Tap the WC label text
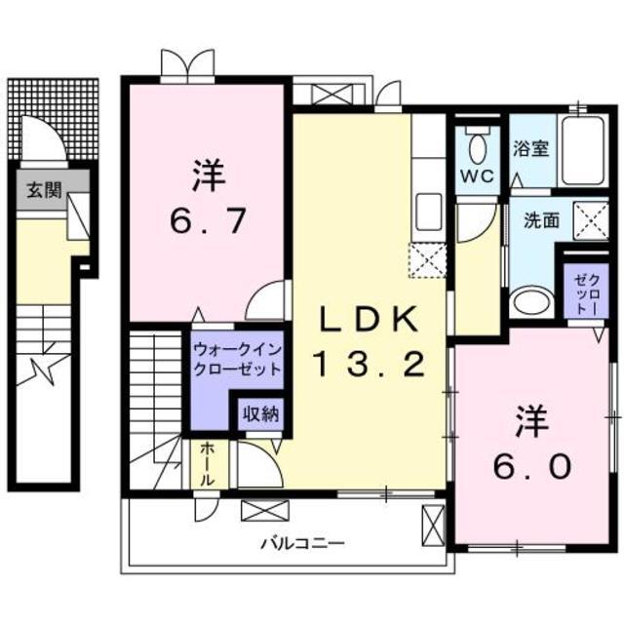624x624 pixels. pos(477,176)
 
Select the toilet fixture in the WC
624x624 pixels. pos(477,146)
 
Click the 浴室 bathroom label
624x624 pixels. pos(530,150)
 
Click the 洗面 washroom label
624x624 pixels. pos(541,220)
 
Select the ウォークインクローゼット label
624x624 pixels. pos(236,359)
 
